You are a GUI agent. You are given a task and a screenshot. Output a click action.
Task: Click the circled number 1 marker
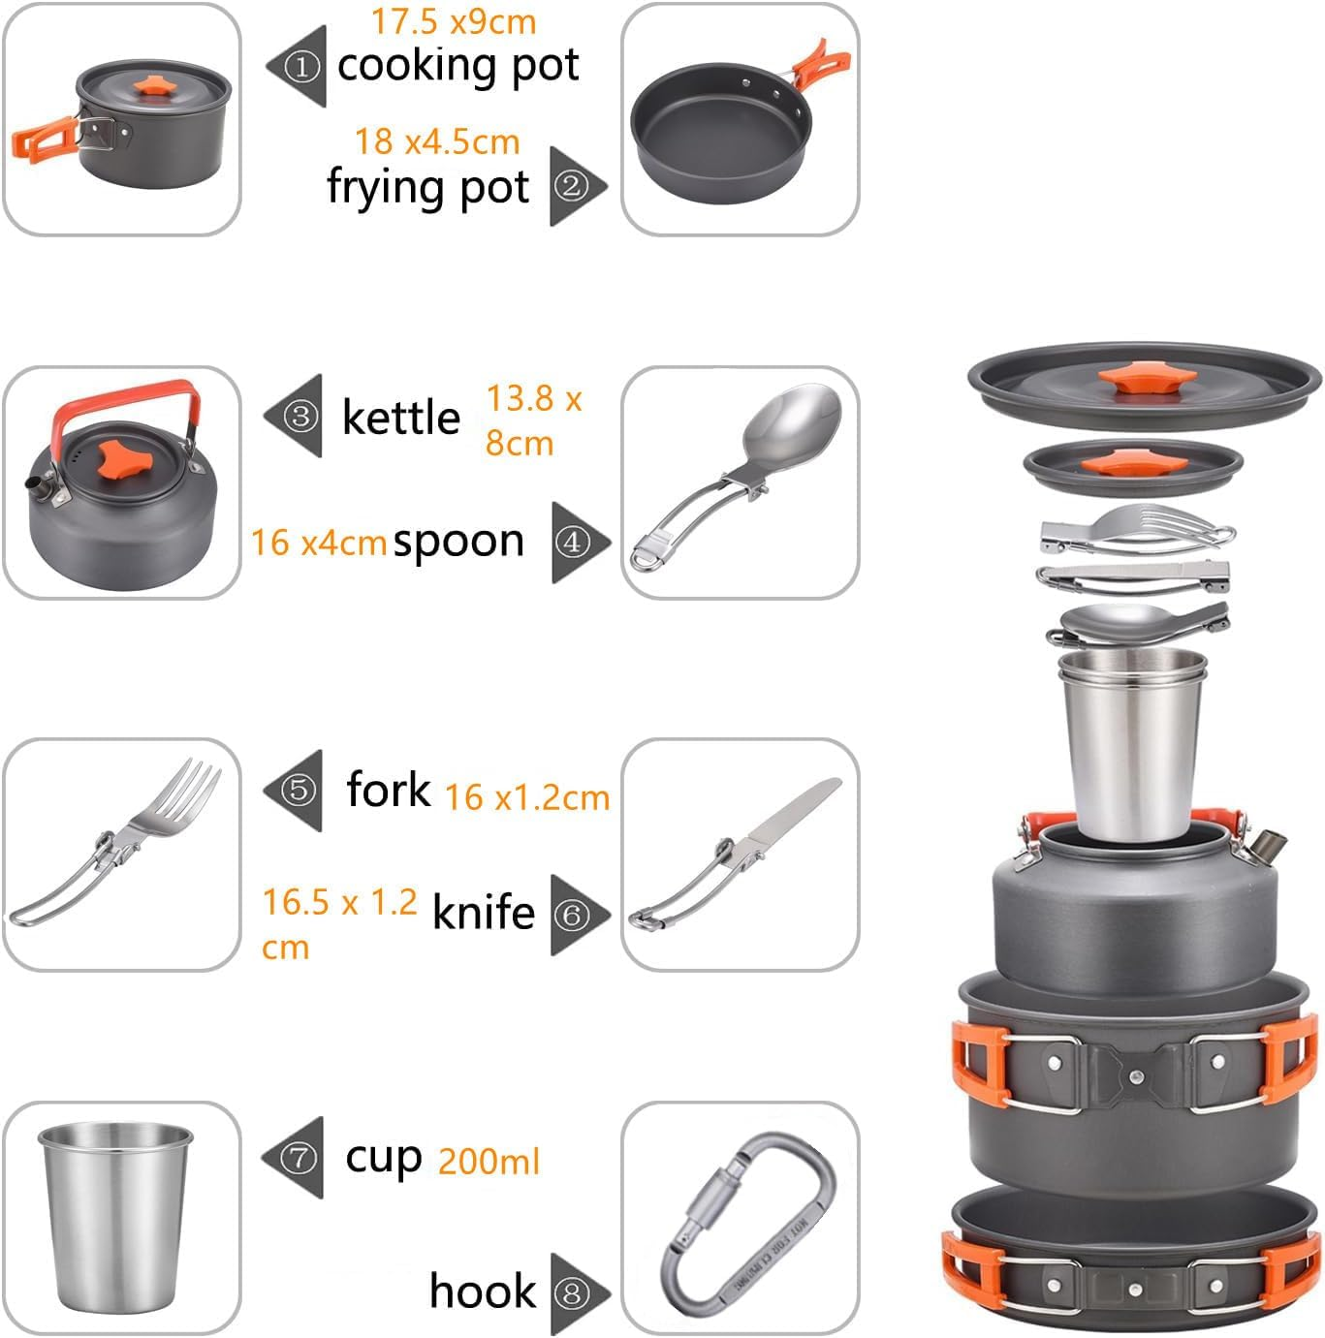tap(302, 66)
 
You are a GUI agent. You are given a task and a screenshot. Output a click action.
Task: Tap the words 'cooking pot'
tap(457, 66)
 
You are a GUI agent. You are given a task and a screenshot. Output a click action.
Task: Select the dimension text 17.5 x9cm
tap(453, 21)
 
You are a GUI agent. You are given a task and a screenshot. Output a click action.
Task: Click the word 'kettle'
tap(401, 418)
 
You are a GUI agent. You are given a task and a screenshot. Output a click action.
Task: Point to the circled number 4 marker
tap(572, 543)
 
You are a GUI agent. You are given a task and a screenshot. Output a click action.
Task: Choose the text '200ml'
tap(489, 1161)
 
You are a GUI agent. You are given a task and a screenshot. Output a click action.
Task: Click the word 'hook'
tap(482, 1291)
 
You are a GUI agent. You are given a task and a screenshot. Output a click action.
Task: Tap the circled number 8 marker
tap(572, 1292)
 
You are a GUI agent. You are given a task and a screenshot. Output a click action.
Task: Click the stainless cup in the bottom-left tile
tap(116, 1216)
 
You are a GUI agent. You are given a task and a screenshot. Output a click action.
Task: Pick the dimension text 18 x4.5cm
tap(437, 141)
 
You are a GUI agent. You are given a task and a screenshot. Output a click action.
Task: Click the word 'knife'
tap(483, 913)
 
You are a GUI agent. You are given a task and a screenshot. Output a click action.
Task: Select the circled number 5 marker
tap(300, 790)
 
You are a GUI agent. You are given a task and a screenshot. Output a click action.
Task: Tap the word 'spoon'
tap(458, 542)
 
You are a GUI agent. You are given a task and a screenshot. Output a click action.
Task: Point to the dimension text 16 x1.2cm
tap(527, 797)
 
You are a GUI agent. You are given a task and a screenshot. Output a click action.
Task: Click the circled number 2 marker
tap(571, 185)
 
